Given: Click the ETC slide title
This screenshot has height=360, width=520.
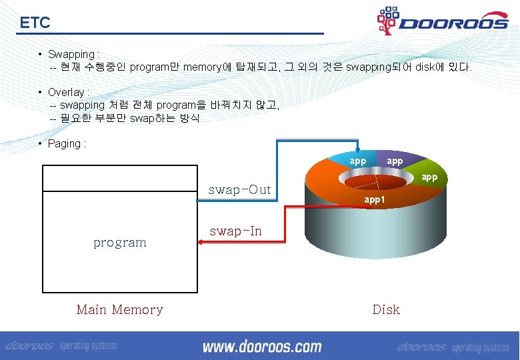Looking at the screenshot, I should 35,23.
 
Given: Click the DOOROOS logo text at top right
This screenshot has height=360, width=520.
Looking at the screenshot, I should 453,24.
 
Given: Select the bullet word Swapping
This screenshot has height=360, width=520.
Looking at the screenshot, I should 71,54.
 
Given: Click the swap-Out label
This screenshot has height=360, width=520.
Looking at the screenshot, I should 239,190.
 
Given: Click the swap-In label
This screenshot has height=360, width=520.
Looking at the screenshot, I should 235,231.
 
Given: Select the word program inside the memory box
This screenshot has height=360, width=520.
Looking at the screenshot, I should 120,243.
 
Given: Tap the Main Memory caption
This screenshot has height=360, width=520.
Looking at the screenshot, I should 120,309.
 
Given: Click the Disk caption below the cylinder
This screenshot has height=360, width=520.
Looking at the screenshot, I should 386,309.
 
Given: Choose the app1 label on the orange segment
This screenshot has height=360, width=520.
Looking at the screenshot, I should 374,199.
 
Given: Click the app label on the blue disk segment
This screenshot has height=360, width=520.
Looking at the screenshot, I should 358,161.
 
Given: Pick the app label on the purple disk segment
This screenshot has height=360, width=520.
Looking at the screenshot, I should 395,161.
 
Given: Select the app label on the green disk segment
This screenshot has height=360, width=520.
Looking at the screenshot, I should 429,177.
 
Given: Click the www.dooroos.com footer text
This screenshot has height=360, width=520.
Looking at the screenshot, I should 262,347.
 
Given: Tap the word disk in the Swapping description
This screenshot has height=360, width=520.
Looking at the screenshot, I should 427,67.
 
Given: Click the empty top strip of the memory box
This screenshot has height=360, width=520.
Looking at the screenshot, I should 120,178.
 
